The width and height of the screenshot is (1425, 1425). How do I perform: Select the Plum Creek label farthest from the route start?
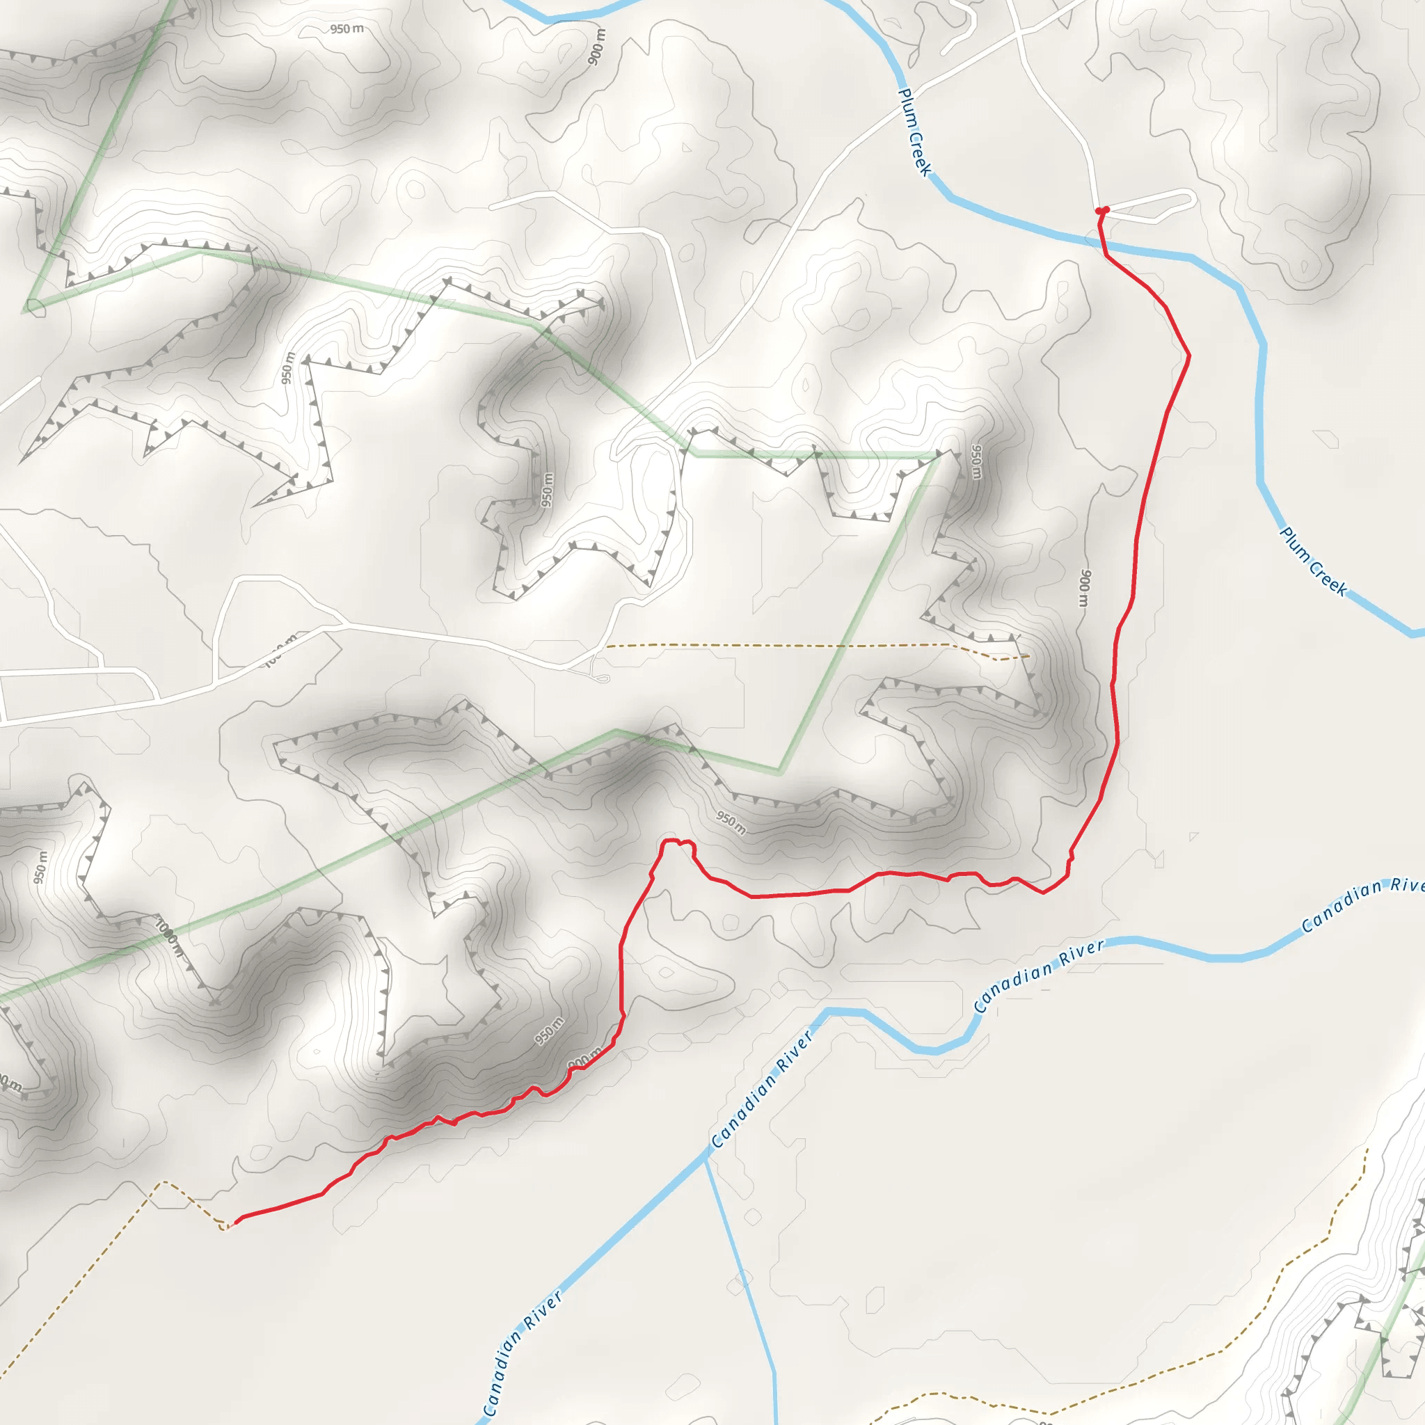[x=1314, y=562]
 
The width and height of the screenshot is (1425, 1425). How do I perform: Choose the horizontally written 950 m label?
[x=347, y=29]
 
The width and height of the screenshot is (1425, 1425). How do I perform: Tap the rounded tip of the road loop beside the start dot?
[x=1192, y=198]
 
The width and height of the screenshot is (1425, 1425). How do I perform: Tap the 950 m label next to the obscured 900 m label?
[x=550, y=1030]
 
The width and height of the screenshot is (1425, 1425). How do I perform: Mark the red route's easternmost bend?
[x=1189, y=356]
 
